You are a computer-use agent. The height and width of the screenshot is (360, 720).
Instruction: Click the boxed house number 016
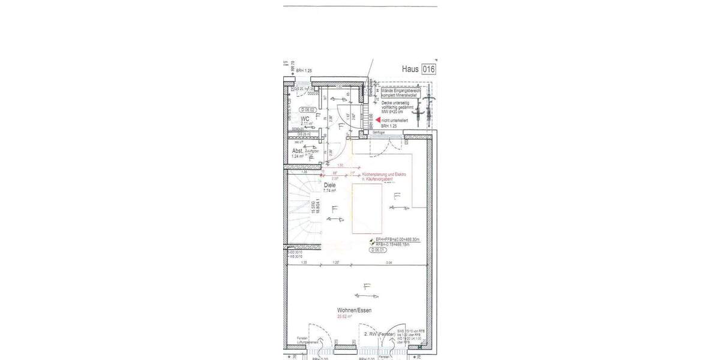[x=428, y=69]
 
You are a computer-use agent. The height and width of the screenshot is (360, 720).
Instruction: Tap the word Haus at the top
[x=410, y=69]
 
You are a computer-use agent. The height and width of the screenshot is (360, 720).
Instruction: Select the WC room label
[x=305, y=119]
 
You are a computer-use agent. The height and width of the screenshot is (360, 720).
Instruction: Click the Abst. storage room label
[x=298, y=151]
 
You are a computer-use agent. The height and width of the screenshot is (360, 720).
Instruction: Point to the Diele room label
[x=330, y=185]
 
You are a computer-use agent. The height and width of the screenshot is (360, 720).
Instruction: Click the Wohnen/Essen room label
[x=354, y=310]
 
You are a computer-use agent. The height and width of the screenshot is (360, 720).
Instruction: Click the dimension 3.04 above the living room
[x=388, y=263]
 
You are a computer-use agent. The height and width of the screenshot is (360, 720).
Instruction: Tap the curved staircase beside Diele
[x=300, y=210]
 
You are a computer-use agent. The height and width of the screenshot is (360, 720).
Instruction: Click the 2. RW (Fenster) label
[x=379, y=333]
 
